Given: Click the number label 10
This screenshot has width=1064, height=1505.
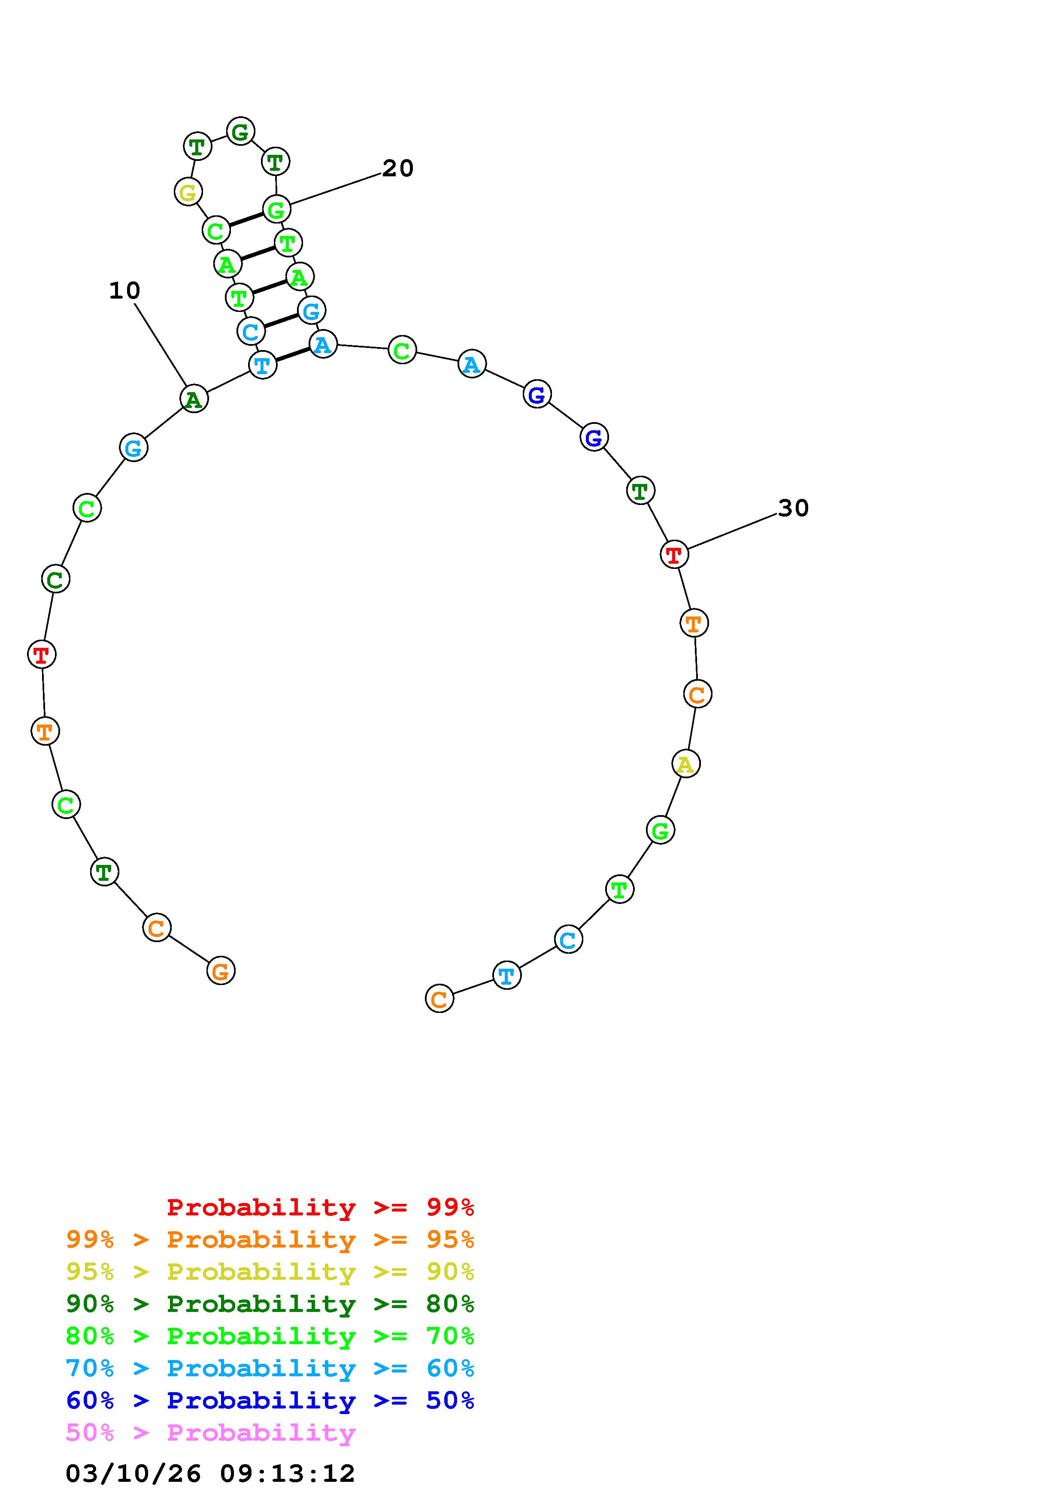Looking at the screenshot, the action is coord(124,290).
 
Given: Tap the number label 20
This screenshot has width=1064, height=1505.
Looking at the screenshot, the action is coord(398,169).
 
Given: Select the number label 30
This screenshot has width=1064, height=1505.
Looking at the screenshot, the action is coord(793,508).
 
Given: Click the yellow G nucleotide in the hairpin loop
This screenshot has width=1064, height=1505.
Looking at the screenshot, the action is coord(188,192).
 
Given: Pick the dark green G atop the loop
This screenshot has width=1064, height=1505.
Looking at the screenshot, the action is coord(241,132).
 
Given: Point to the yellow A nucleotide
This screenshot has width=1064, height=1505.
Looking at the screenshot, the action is coord(686,764).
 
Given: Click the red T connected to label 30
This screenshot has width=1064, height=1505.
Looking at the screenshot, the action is coord(674,555).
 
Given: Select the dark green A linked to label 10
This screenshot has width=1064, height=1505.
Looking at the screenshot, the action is coord(194,399).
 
